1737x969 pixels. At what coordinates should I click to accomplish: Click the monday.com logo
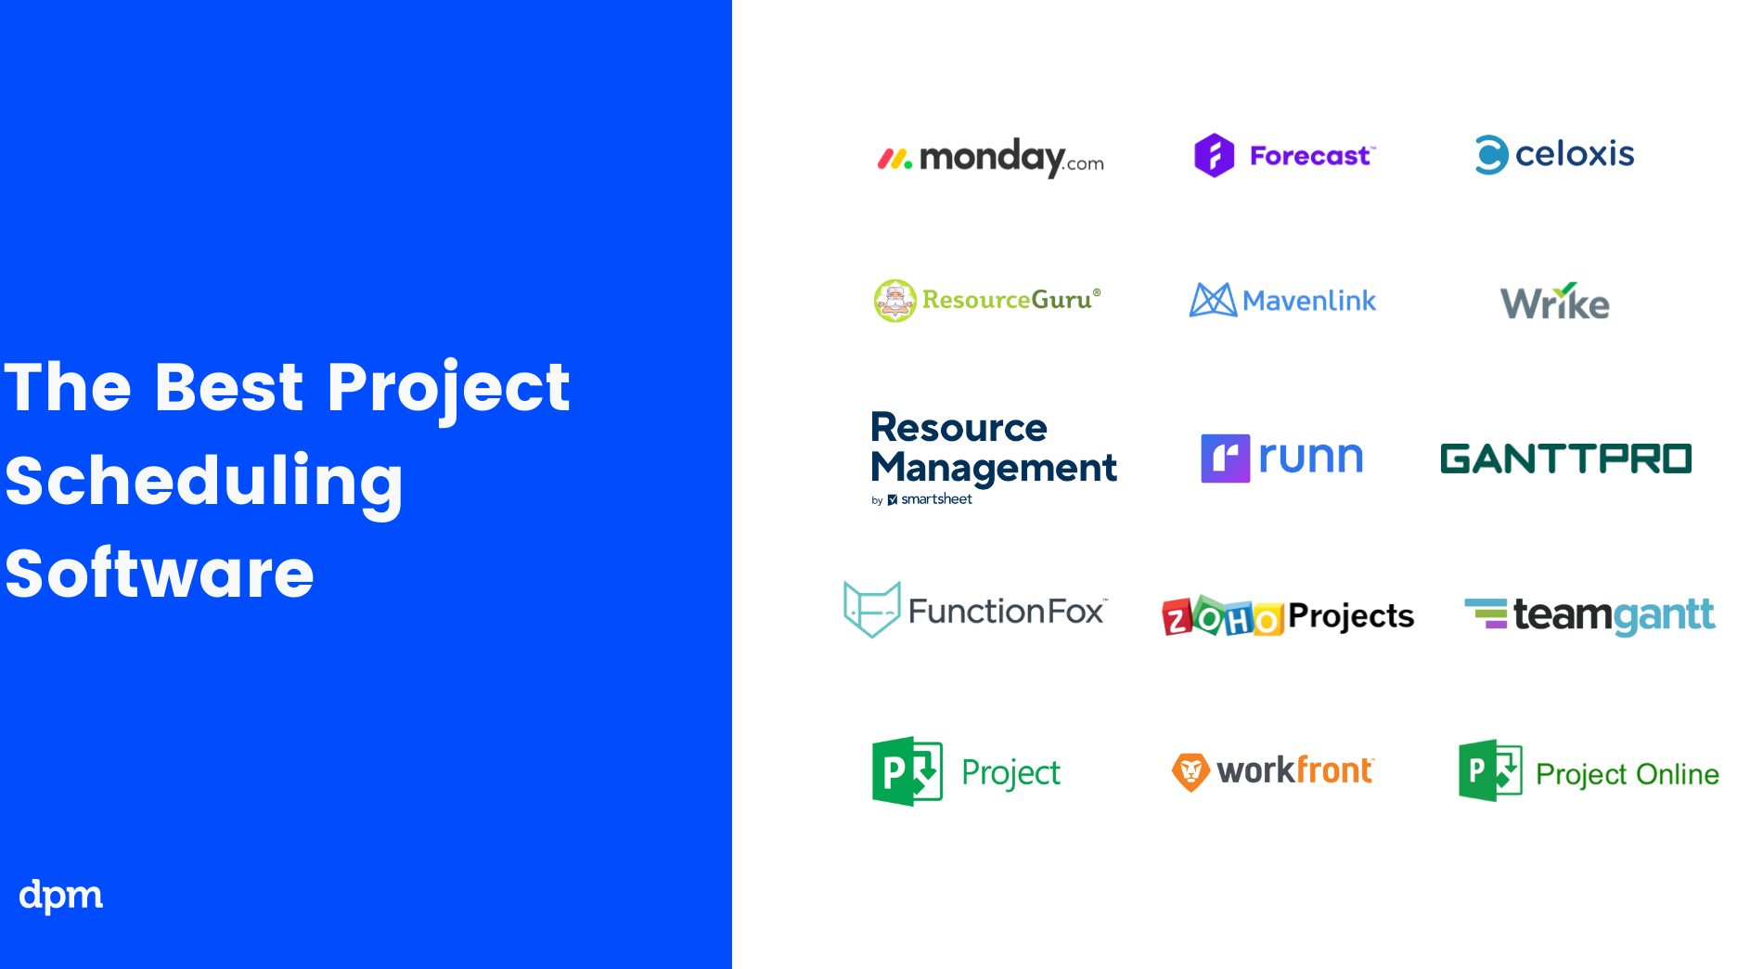(990, 158)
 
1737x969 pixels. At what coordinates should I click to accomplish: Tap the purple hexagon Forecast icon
(1214, 155)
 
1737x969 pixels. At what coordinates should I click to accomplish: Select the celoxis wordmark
(1575, 154)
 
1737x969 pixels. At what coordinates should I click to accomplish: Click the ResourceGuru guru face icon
(894, 301)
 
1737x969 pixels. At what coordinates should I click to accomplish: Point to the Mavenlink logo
(1282, 300)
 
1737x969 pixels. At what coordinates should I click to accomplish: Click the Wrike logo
(1555, 302)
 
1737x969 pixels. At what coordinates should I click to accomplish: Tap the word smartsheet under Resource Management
(936, 499)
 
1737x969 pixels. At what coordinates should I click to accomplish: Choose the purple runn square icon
(1225, 458)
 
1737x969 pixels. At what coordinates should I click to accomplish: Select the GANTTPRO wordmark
(1565, 459)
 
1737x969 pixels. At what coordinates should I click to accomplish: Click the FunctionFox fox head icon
(871, 609)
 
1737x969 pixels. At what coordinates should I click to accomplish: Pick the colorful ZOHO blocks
(1222, 615)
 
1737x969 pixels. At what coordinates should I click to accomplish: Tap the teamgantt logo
(1589, 615)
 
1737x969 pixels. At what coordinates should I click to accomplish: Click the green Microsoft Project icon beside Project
(907, 771)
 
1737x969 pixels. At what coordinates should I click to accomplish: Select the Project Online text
(1628, 774)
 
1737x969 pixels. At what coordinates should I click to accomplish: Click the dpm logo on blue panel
(61, 896)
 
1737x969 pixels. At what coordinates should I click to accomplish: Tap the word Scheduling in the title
(204, 482)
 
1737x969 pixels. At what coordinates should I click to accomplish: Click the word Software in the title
(160, 573)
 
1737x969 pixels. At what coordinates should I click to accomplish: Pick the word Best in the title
(229, 386)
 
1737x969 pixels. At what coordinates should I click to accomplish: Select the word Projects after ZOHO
(1351, 616)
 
